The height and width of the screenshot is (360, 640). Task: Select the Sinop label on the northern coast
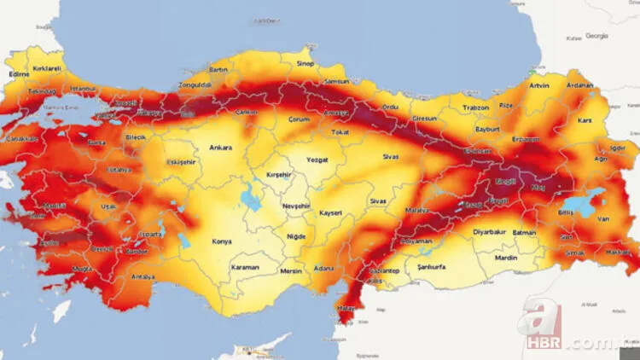click(304, 63)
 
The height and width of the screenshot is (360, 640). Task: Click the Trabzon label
click(475, 107)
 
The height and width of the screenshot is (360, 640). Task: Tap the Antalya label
click(143, 276)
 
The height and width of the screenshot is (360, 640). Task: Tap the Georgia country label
click(596, 37)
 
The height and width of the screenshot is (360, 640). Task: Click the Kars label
click(585, 121)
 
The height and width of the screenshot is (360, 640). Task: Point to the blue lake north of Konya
click(253, 200)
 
